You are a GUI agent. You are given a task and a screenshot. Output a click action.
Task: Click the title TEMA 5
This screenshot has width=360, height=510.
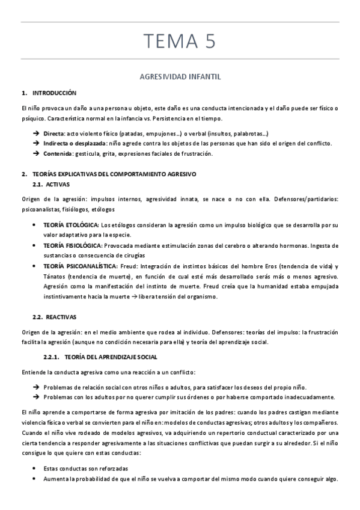point(180,43)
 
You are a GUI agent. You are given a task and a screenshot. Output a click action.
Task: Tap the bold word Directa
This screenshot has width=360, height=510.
point(54,133)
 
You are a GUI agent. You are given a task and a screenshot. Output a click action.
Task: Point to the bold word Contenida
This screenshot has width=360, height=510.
point(57,153)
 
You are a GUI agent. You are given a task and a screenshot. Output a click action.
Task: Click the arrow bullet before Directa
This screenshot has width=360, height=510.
point(36,133)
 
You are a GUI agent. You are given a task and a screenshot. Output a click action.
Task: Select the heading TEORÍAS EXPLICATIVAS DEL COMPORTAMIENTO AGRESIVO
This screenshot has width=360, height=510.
point(114,174)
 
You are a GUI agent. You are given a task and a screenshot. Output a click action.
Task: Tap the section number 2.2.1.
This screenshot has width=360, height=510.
point(55,357)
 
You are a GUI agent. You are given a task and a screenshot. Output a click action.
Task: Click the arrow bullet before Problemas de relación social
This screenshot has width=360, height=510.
point(36,387)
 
